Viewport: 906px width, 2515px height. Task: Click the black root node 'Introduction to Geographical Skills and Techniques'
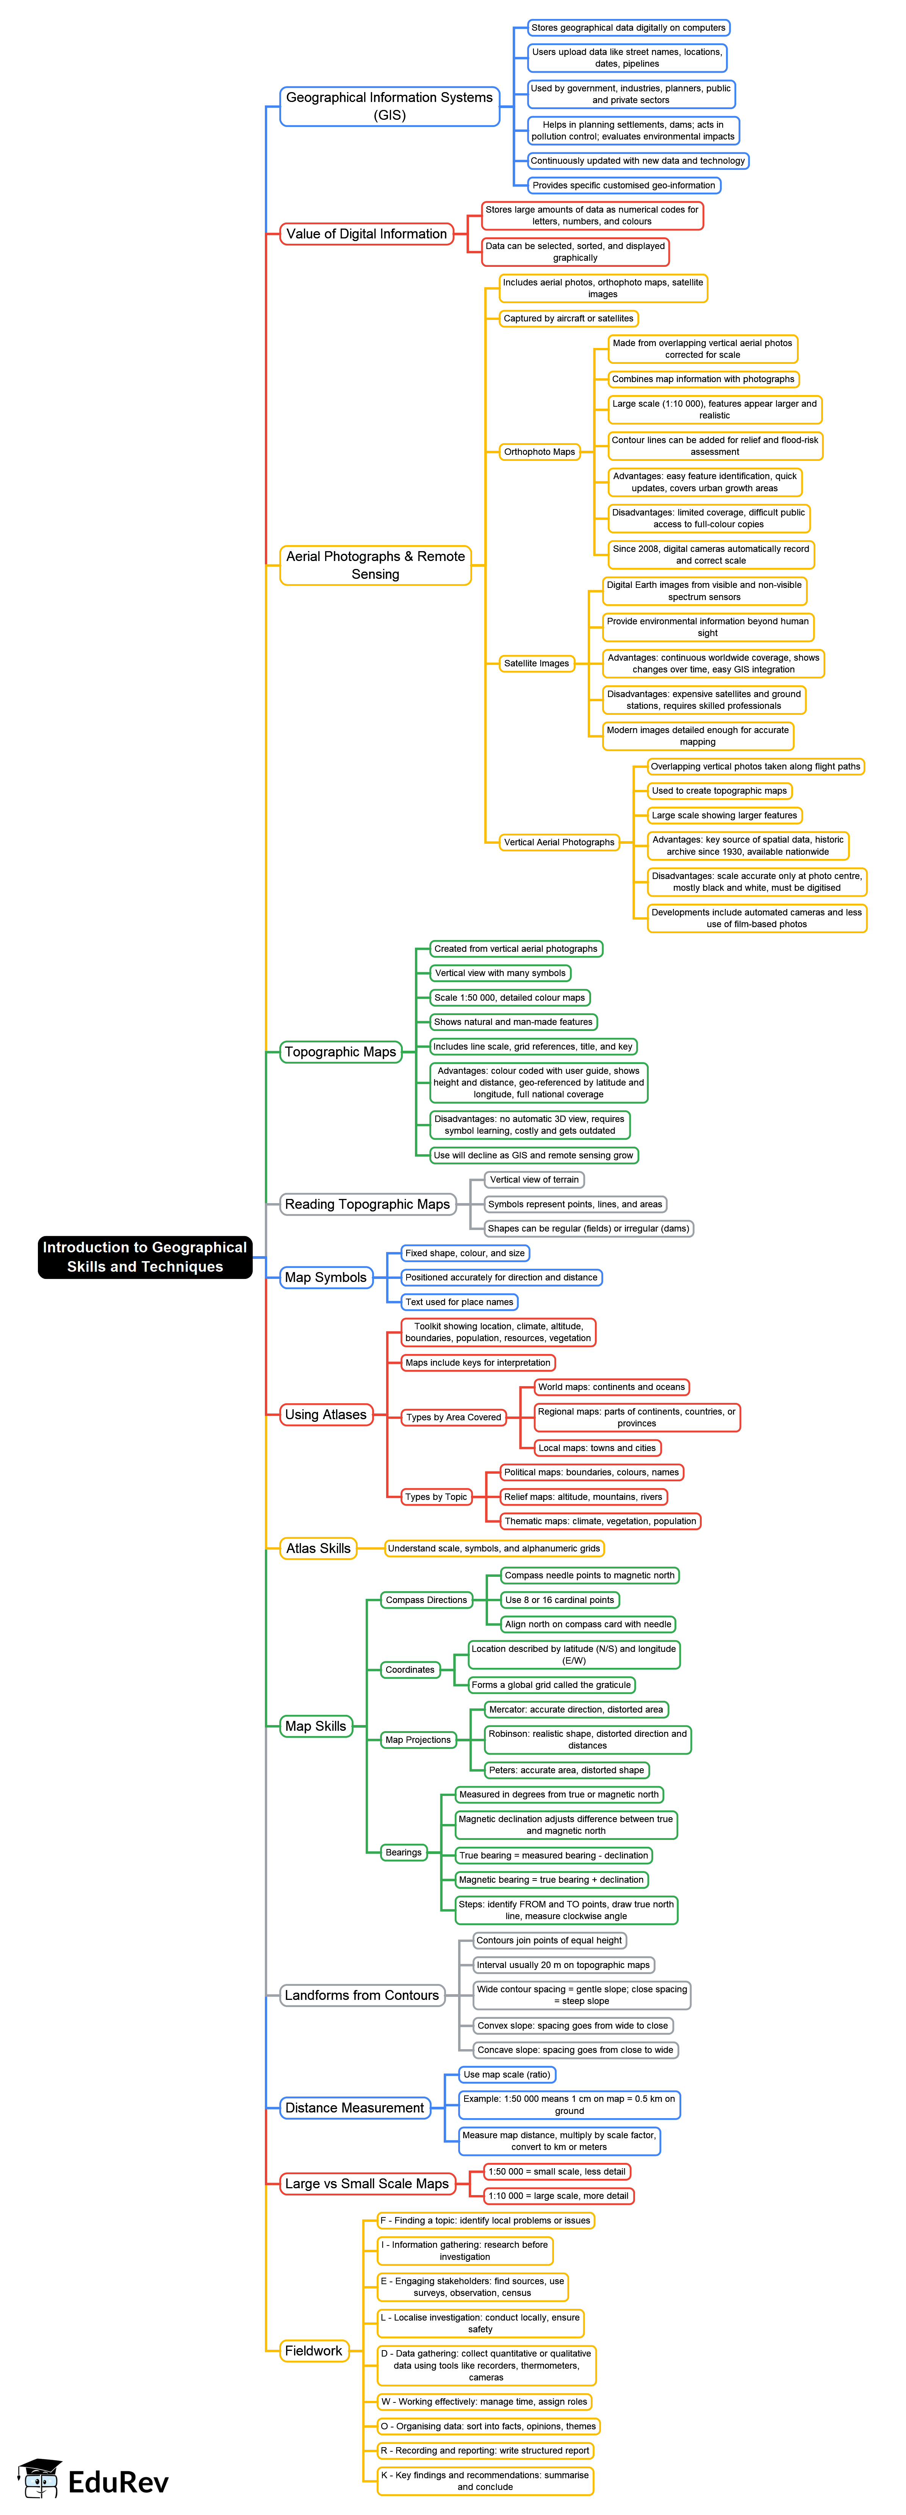coord(144,1257)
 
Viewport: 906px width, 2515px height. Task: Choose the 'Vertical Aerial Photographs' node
coord(559,841)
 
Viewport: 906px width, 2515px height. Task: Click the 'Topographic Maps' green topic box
coord(340,1051)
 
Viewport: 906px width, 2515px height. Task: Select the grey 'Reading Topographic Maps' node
coord(367,1204)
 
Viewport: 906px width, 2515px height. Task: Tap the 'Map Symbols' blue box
coord(325,1277)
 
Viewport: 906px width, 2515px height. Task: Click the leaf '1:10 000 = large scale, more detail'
coord(559,2196)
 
